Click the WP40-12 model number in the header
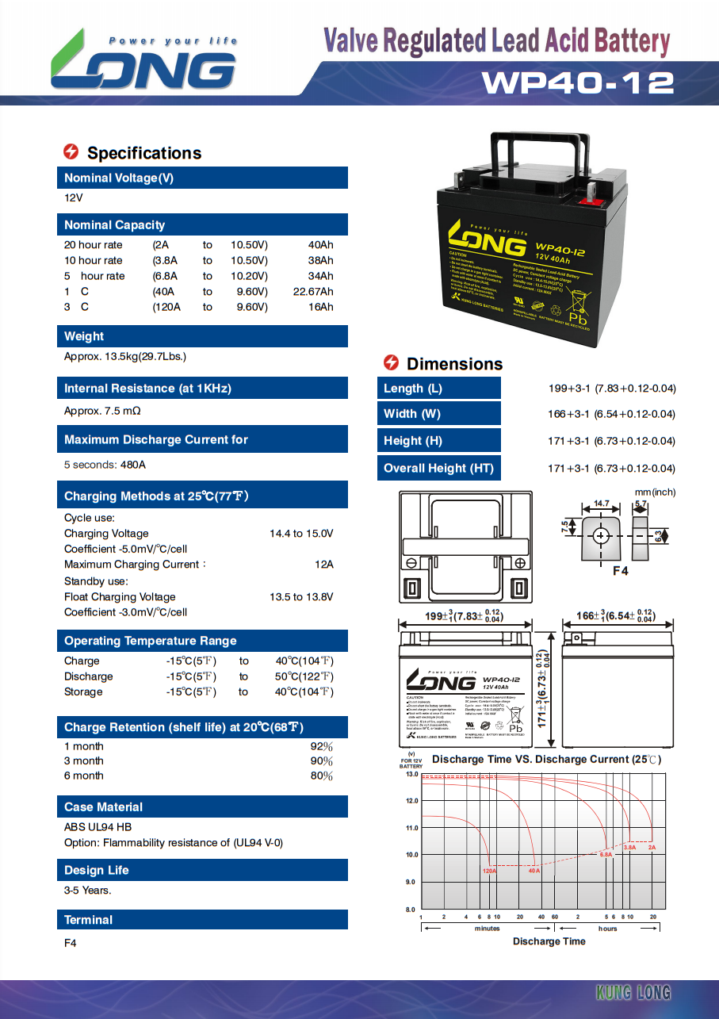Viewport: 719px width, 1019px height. (x=577, y=82)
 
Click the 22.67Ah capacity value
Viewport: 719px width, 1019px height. (x=313, y=291)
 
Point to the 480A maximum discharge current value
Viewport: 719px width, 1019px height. (x=133, y=465)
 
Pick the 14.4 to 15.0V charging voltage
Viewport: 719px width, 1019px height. (x=301, y=533)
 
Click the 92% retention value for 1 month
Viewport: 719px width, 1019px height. (x=321, y=746)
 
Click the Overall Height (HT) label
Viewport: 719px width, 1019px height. (x=438, y=468)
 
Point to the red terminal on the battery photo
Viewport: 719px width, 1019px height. (x=590, y=201)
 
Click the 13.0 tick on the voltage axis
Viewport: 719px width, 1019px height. (x=411, y=774)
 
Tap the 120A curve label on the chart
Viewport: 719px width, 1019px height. (x=489, y=871)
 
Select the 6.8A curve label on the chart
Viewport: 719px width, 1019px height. (x=606, y=855)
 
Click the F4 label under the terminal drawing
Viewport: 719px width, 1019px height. (x=620, y=570)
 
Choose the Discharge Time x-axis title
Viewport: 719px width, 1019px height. (x=549, y=941)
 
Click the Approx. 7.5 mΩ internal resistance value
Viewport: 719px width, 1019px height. (x=102, y=412)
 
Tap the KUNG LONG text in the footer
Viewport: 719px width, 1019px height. (x=633, y=993)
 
